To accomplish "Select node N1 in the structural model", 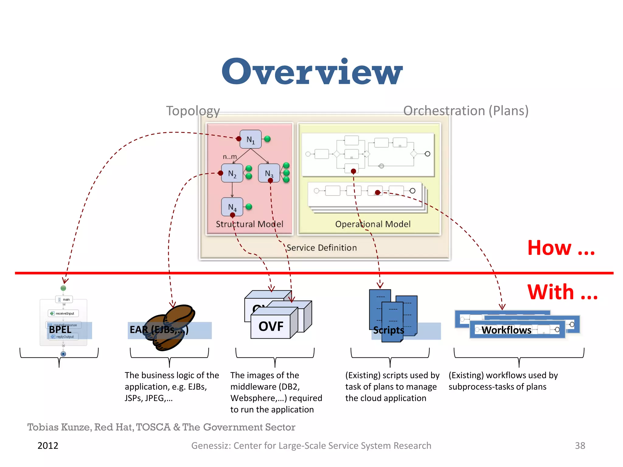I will [250, 140].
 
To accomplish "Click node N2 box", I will [232, 173].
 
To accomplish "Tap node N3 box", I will [269, 173].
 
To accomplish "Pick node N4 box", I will [232, 207].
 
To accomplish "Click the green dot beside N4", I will [249, 207].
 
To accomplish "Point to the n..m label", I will [230, 157].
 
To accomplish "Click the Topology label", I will [193, 111].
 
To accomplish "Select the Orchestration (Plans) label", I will [466, 111].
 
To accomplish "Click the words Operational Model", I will [373, 224].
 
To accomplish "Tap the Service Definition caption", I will [322, 248].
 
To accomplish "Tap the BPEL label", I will [60, 330].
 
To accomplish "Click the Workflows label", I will [506, 330].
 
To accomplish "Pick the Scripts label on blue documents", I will [388, 330].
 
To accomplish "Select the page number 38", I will [580, 446].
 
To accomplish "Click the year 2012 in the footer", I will [48, 446].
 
